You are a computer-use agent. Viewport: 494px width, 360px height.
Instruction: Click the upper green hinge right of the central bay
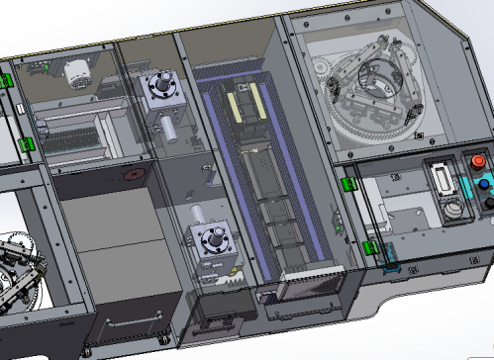pos(346,182)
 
